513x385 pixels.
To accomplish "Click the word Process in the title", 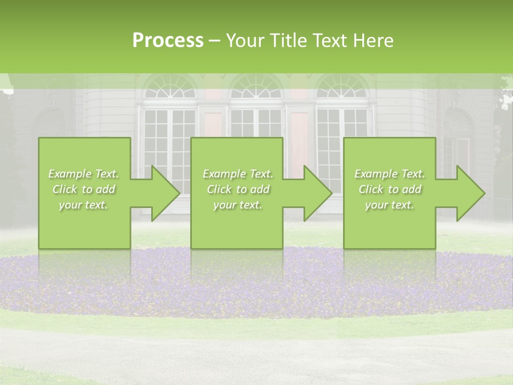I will [168, 41].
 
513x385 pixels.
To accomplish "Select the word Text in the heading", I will [330, 41].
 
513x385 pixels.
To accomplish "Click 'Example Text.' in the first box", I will [83, 174].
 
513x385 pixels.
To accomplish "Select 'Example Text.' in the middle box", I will [238, 174].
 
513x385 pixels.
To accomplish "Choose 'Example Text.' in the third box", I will [390, 174].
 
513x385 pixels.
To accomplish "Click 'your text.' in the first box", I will [83, 205].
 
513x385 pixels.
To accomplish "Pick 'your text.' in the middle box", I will [238, 205].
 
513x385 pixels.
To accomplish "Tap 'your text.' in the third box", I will [390, 205].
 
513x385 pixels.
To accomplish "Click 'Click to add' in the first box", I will [83, 189].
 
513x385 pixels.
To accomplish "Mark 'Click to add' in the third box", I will [390, 189].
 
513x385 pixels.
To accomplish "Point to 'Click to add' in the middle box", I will [238, 189].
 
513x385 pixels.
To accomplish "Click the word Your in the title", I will [245, 41].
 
